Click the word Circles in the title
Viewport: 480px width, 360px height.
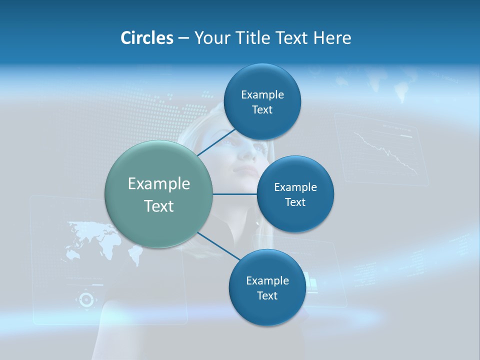click(146, 38)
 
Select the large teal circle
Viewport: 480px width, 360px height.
click(159, 194)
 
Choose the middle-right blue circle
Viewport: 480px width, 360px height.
click(295, 194)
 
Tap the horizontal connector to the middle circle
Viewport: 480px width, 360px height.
click(235, 194)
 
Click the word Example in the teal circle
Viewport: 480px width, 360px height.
click(159, 184)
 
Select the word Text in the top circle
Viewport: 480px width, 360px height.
click(262, 110)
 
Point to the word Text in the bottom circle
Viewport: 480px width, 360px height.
click(267, 296)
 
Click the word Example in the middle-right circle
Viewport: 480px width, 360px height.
click(295, 187)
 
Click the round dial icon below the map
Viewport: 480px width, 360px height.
click(86, 299)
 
